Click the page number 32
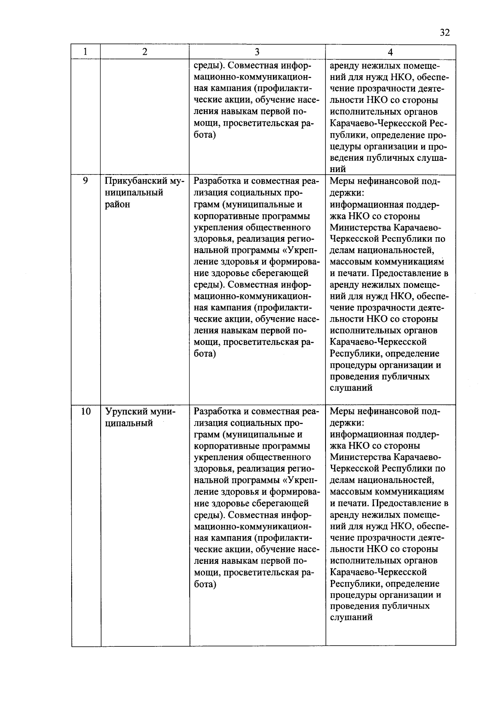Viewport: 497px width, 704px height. pyautogui.click(x=445, y=33)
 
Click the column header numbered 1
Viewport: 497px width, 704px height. pyautogui.click(x=85, y=52)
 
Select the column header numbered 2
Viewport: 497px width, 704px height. pyautogui.click(x=144, y=52)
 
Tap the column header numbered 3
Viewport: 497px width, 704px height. pyautogui.click(x=257, y=52)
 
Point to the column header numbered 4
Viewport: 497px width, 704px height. pyautogui.click(x=390, y=52)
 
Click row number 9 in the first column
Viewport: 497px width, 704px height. pyautogui.click(x=85, y=181)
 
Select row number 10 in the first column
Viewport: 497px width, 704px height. pyautogui.click(x=85, y=411)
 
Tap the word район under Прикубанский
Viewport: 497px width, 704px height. pyautogui.click(x=117, y=204)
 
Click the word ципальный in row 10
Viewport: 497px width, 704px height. pyautogui.click(x=129, y=423)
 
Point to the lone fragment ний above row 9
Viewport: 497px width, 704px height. pyautogui.click(x=338, y=169)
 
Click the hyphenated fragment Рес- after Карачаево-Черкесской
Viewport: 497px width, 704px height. pyautogui.click(x=439, y=124)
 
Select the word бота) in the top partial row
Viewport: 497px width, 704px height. pyautogui.click(x=205, y=135)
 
